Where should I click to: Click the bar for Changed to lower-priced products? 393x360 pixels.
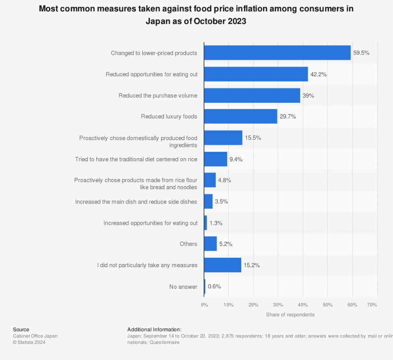pos(277,53)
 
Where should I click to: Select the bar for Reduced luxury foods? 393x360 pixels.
pos(240,116)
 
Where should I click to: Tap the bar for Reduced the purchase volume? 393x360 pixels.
pos(252,96)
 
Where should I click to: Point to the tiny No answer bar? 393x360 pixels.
pos(205,287)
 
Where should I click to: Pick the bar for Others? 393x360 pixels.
pos(210,244)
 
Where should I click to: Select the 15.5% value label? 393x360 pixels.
pos(253,138)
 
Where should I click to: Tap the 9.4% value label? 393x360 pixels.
pos(236,159)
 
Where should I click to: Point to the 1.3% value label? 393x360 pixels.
pos(216,223)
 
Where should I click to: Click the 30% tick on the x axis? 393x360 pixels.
pos(278,305)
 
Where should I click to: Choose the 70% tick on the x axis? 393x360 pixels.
pos(372,305)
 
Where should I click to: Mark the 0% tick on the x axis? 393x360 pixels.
pos(204,305)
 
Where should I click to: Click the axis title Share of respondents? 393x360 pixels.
pos(290,314)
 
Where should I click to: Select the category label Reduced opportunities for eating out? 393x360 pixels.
pos(151,74)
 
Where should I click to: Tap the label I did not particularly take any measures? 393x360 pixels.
pos(147,265)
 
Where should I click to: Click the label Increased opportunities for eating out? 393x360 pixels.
pos(150,223)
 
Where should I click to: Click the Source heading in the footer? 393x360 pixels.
pos(21,330)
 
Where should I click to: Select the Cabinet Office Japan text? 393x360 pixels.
pos(35,336)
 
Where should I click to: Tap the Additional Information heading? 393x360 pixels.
pos(154,330)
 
